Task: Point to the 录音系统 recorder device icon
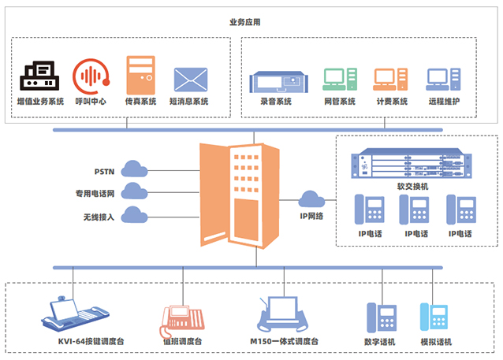tap(275, 80)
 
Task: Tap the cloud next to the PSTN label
tap(135, 169)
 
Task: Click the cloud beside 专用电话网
tap(135, 191)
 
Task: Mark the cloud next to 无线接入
tap(135, 214)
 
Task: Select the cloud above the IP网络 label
tap(313, 199)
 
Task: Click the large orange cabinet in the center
tap(240, 193)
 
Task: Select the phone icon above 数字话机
tap(384, 317)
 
